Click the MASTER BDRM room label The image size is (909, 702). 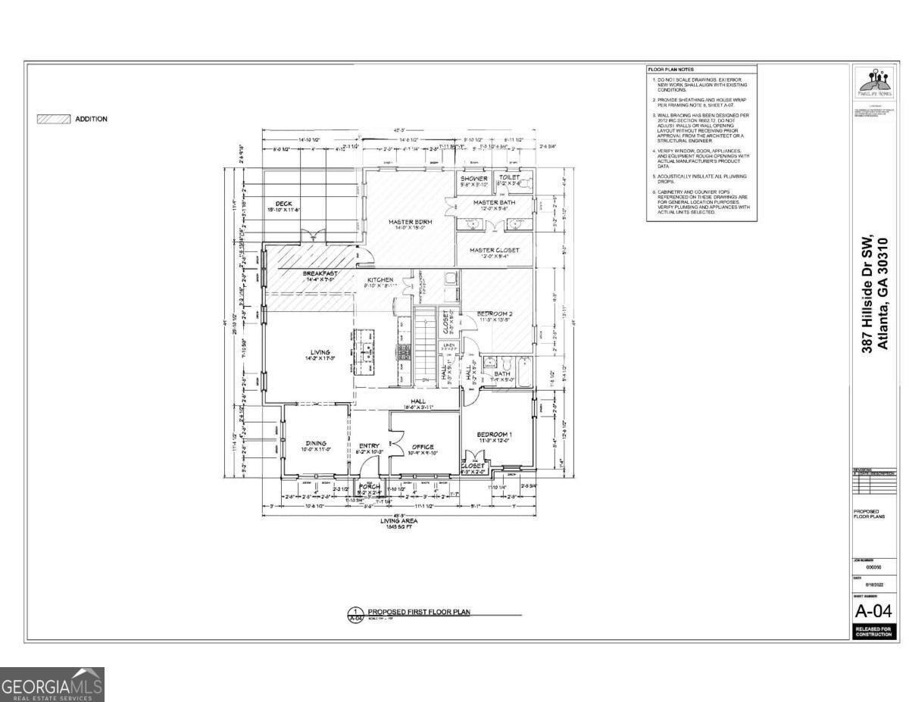tap(410, 222)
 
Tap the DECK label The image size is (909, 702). tap(283, 204)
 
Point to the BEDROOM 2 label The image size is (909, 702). tap(495, 314)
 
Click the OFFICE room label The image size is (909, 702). tap(422, 447)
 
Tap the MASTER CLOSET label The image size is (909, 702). tap(494, 250)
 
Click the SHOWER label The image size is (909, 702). tap(474, 178)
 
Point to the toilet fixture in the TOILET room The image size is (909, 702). tap(526, 182)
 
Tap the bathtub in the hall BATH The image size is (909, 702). tap(522, 372)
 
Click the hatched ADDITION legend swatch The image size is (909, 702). tap(55, 119)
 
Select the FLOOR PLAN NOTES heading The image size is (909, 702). tap(670, 70)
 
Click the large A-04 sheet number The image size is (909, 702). tap(873, 611)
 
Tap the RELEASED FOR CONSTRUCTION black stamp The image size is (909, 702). tap(873, 632)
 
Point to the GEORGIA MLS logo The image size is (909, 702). tap(52, 685)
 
